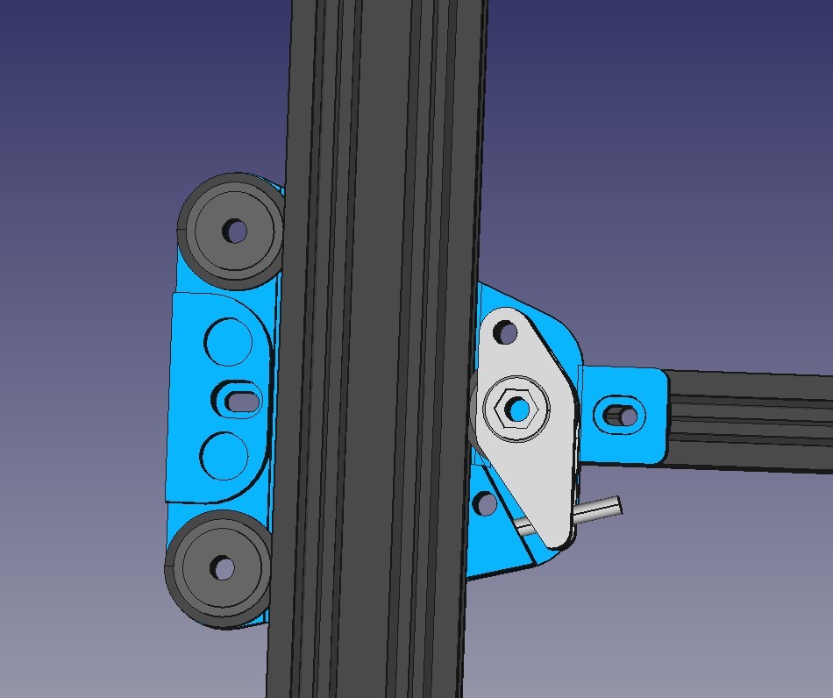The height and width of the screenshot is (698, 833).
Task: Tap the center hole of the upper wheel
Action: click(235, 231)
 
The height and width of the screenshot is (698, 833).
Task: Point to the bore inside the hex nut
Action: click(518, 409)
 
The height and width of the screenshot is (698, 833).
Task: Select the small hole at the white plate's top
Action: click(505, 332)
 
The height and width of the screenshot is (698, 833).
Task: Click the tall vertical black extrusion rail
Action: click(377, 351)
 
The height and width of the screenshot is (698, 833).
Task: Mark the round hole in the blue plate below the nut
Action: click(483, 503)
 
